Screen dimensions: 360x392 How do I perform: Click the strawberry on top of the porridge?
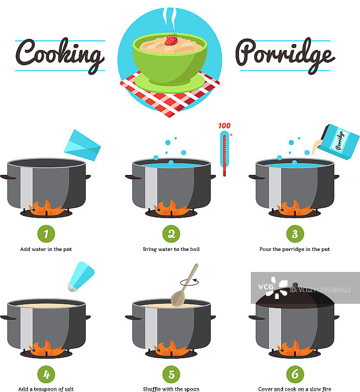pos(171,40)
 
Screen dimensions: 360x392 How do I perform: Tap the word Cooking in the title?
pos(60,55)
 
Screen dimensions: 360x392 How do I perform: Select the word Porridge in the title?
pos(285,55)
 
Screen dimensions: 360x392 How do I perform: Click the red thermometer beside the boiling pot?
pos(224,153)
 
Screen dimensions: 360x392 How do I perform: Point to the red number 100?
pos(224,126)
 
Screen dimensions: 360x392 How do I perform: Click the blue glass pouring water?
pos(82,145)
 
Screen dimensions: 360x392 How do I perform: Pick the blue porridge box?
pos(338,142)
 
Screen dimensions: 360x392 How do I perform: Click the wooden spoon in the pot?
pos(184,285)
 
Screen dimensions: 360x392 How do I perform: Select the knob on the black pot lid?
pos(295,285)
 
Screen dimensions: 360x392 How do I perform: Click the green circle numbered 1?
pos(46,234)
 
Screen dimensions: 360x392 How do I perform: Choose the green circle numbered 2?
pos(171,234)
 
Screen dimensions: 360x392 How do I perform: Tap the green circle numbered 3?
pos(295,234)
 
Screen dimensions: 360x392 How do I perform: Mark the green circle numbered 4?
pos(46,374)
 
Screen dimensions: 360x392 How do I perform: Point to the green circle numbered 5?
pos(171,374)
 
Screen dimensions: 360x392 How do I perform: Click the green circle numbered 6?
pos(295,374)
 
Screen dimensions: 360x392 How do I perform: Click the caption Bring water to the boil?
pos(171,249)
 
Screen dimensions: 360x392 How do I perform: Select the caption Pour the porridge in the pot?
pos(294,249)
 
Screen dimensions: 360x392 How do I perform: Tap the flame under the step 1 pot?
pos(46,208)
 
